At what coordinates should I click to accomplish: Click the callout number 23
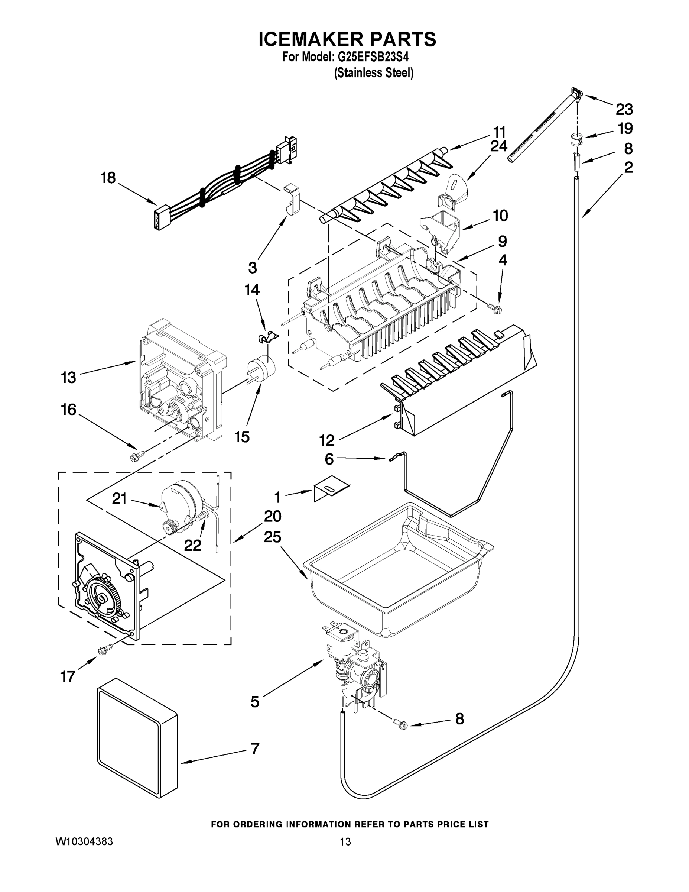coord(624,110)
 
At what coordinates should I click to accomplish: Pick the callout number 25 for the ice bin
coord(272,537)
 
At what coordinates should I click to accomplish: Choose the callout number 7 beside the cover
coord(255,749)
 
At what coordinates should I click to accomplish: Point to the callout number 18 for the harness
coord(108,178)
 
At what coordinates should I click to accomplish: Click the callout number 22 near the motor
coord(192,545)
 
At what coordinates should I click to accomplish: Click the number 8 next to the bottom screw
coord(459,719)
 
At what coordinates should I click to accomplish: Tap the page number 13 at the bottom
coord(345,842)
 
